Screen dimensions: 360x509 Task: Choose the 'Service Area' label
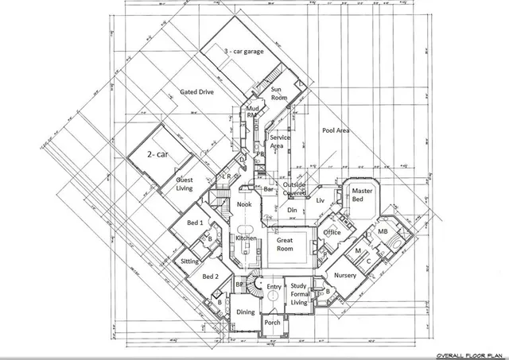(x=279, y=141)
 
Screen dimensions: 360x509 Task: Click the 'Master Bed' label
(x=363, y=195)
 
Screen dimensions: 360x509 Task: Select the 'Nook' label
(x=244, y=205)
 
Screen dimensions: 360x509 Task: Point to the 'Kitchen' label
(x=246, y=238)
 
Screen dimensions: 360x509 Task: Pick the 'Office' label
(x=332, y=232)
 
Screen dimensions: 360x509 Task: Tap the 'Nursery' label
(x=345, y=275)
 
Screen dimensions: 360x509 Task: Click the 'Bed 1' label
(x=195, y=223)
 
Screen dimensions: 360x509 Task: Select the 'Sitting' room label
(x=190, y=261)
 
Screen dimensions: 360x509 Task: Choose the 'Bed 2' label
(x=209, y=277)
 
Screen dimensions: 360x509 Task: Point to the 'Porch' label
(x=272, y=323)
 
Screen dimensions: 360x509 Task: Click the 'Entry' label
(x=274, y=287)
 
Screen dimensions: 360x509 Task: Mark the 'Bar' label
(x=269, y=189)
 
